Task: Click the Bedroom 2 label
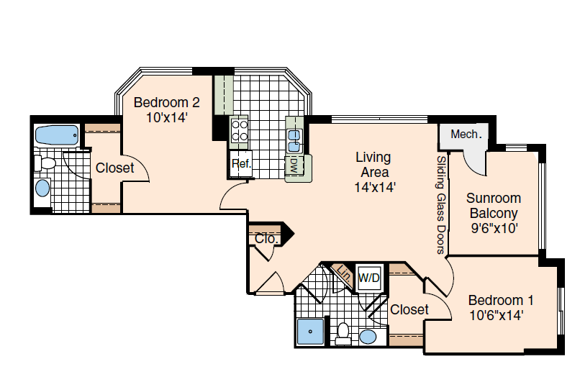point(166,110)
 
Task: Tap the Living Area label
point(374,165)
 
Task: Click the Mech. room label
point(466,134)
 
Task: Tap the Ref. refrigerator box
point(241,164)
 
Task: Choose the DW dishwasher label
point(294,166)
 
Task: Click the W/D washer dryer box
point(368,278)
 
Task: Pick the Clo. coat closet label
point(267,239)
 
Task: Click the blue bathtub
point(57,135)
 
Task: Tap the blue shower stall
point(311,332)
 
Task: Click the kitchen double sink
point(294,140)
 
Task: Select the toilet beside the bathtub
point(45,163)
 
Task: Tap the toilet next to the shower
point(343,334)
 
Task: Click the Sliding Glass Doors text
point(440,204)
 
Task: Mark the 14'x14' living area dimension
point(375,188)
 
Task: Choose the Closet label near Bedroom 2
point(114,168)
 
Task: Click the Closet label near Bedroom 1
point(409,309)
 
